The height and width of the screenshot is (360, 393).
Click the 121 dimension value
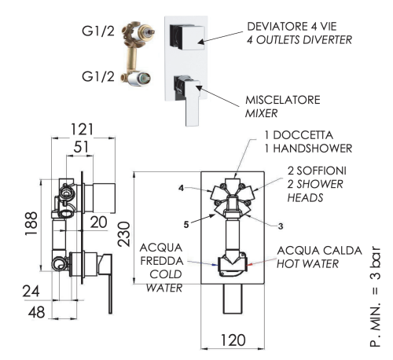click(x=82, y=129)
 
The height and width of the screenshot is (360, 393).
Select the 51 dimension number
click(x=81, y=147)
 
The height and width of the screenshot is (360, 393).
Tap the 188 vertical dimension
click(x=31, y=223)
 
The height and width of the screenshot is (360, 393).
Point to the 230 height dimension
click(x=123, y=233)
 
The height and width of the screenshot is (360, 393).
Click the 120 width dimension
click(x=233, y=340)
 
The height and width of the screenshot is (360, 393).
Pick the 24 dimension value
click(x=31, y=291)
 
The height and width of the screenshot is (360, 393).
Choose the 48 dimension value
click(x=36, y=312)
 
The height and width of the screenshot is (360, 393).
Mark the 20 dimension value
click(x=98, y=222)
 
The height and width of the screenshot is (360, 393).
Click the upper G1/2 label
click(x=98, y=31)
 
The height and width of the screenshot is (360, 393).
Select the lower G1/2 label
click(x=98, y=77)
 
